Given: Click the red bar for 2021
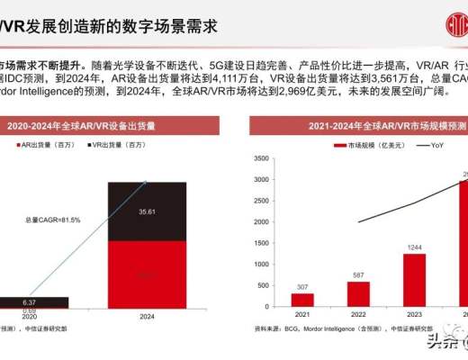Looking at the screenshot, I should click(301, 300).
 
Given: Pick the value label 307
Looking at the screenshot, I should click(301, 287).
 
